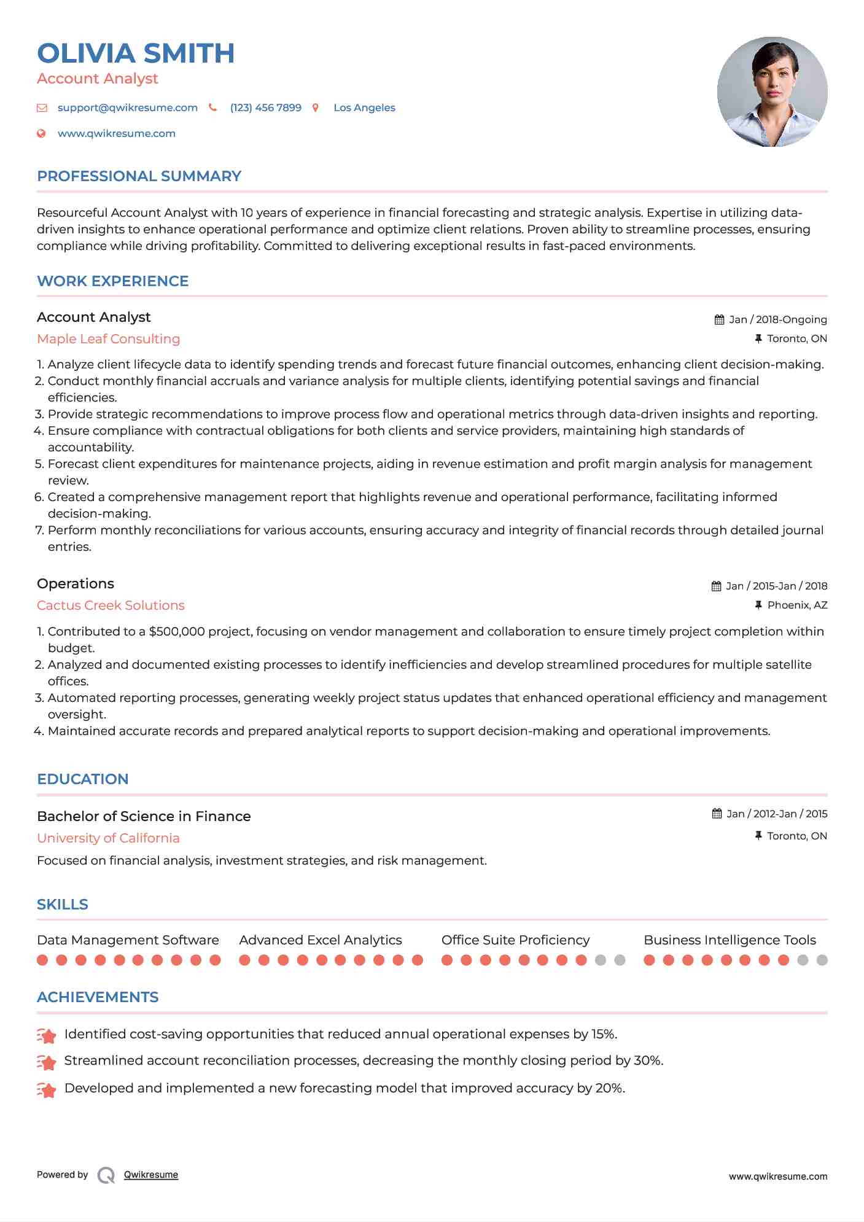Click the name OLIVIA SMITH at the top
coord(136,53)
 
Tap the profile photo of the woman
coord(772,91)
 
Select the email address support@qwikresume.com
coord(128,108)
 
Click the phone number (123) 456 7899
coord(265,108)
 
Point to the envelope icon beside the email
coord(42,108)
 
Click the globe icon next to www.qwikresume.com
coord(42,134)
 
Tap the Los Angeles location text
coord(364,108)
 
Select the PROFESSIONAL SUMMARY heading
coord(139,176)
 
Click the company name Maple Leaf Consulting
coord(108,339)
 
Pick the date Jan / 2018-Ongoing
coord(777,320)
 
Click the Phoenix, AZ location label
coord(797,605)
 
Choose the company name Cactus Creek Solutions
coord(111,605)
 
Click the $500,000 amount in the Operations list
coord(177,632)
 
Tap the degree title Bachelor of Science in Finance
coord(144,817)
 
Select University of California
coord(108,838)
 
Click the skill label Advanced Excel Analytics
coord(320,940)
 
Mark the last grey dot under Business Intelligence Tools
coord(822,960)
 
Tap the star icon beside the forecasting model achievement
coord(47,1089)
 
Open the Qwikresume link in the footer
coord(151,1175)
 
